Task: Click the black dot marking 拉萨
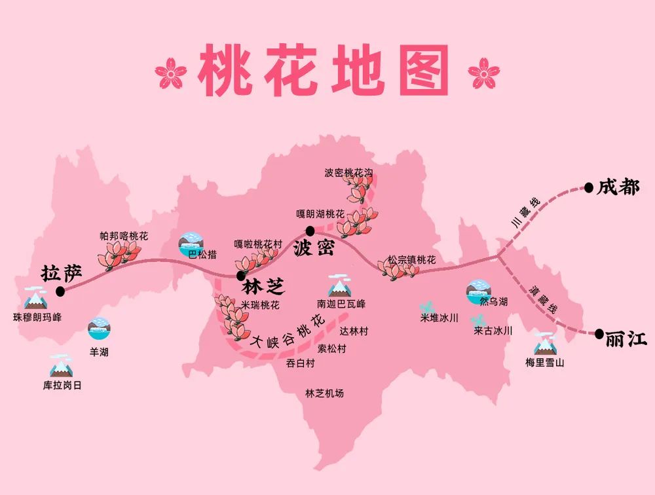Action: point(60,291)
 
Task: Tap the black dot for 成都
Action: point(589,187)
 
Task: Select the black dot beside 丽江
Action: point(599,333)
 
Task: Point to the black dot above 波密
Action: point(310,231)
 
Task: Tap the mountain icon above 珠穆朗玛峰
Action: point(34,299)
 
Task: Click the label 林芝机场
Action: point(324,394)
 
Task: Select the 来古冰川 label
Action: point(493,331)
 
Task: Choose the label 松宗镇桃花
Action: point(411,260)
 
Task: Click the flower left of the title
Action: point(171,73)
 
